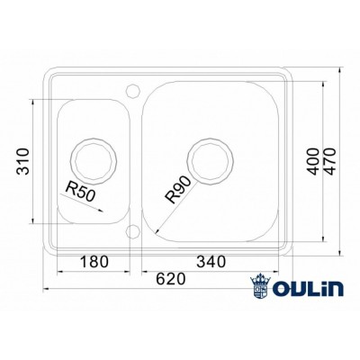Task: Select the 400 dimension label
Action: (x=312, y=159)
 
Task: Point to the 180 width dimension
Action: (x=94, y=262)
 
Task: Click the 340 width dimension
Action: (x=208, y=262)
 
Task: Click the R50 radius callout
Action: (x=82, y=190)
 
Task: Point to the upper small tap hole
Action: (x=133, y=90)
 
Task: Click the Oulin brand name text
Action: (x=309, y=289)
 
